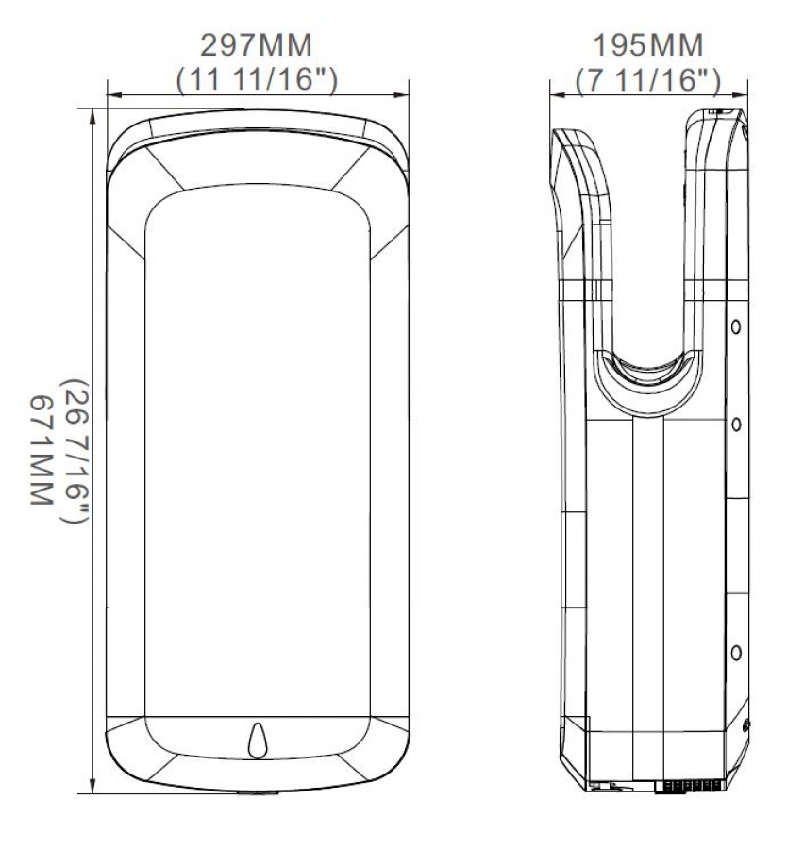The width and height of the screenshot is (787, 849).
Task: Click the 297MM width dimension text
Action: pos(256,45)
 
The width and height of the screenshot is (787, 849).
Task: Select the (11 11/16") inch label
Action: pos(257,80)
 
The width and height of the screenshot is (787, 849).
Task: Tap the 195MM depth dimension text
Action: pos(648,45)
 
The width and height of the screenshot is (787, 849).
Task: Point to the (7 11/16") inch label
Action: pos(648,80)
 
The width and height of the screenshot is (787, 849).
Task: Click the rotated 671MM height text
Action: pos(42,450)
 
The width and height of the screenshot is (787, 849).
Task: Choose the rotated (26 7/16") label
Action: pos(76,451)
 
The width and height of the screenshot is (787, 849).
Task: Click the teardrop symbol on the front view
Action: pos(258,741)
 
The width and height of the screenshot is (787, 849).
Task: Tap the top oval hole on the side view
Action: pos(735,327)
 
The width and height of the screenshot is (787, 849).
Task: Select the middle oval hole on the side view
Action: pos(735,424)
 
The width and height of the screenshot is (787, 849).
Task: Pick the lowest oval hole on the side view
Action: pos(735,653)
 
